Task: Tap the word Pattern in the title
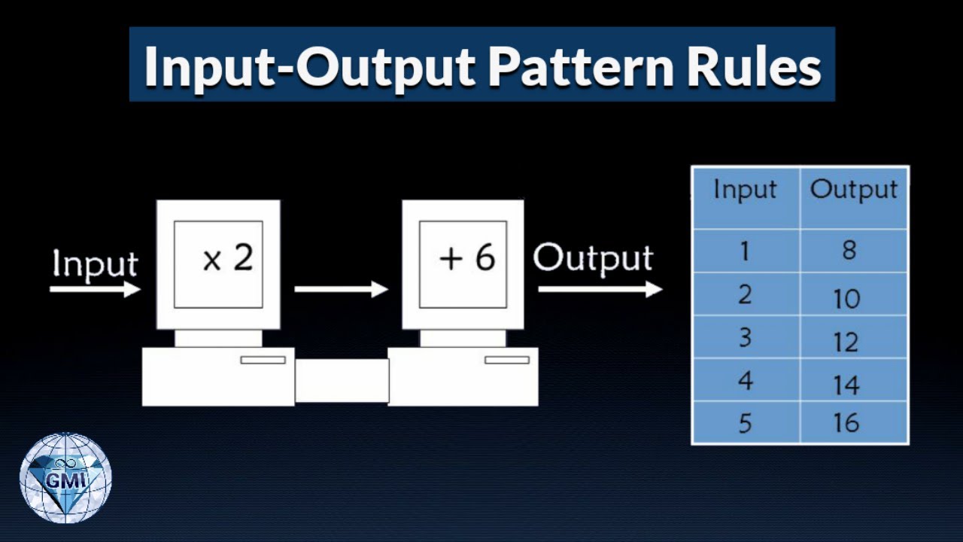point(580,66)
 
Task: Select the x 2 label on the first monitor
point(228,259)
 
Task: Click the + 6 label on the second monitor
point(466,259)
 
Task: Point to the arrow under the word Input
point(95,289)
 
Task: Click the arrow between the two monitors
point(341,289)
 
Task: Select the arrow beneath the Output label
point(600,289)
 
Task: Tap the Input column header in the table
point(745,190)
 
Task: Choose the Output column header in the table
point(854,190)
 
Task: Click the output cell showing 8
point(849,251)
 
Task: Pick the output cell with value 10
point(846,299)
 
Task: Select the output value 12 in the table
point(846,343)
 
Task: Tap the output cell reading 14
point(846,385)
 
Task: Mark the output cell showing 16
point(846,423)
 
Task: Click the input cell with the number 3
point(745,337)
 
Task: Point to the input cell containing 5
point(745,424)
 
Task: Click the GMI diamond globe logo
point(65,477)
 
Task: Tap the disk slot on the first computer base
point(263,360)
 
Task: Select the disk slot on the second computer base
point(506,360)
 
